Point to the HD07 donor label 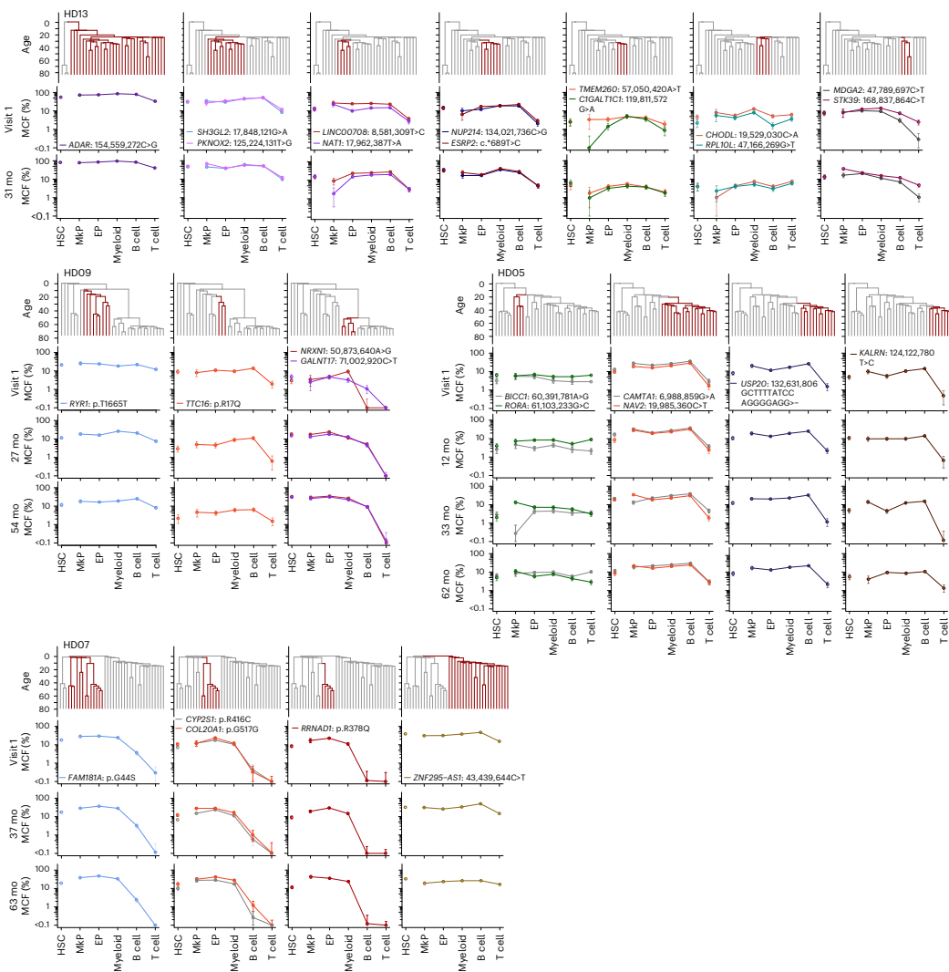tap(77, 645)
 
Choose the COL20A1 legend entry tap(236, 729)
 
